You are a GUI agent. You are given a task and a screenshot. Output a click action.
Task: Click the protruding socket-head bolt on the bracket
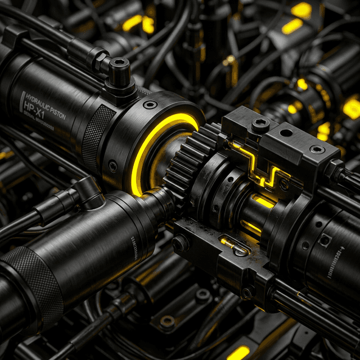[260, 125]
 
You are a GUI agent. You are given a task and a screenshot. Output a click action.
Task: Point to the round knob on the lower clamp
[180, 243]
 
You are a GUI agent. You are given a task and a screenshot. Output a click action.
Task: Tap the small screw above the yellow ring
[150, 105]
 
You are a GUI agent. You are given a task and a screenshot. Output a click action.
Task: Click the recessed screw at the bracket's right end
[317, 149]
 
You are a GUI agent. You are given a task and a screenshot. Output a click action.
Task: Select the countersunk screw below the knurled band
[113, 166]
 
